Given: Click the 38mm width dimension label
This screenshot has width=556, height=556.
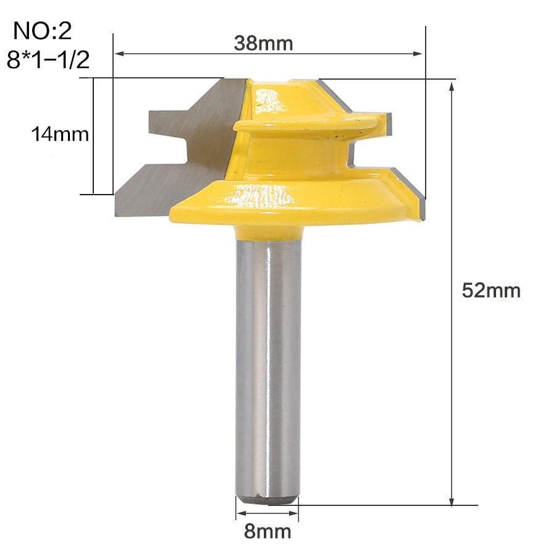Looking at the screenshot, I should pos(263,43).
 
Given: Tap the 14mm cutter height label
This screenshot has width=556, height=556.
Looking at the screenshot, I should pos(61,134).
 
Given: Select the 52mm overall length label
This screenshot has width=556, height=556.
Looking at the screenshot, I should pos(491,290).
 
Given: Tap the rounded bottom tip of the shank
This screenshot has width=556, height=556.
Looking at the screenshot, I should pos(268,497).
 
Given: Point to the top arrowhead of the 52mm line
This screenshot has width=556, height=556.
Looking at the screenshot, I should pos(452,86).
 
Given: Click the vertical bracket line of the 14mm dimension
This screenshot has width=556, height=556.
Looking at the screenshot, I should pos(93,136).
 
